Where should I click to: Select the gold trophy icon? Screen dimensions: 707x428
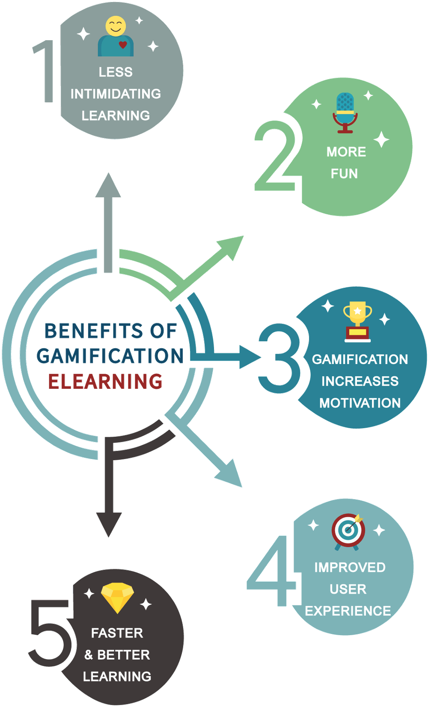point(357,321)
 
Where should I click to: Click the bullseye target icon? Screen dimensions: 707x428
point(348,531)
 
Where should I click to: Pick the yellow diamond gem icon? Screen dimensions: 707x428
point(117,597)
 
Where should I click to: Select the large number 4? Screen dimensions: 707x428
point(272,571)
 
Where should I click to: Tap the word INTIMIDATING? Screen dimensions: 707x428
point(116,94)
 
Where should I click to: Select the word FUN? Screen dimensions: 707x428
point(344,174)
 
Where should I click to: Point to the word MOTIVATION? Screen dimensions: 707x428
point(360,403)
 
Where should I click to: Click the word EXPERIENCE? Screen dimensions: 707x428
point(348,611)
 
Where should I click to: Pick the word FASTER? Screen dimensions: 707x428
point(117,633)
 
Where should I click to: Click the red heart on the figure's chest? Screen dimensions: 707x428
point(123,44)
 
